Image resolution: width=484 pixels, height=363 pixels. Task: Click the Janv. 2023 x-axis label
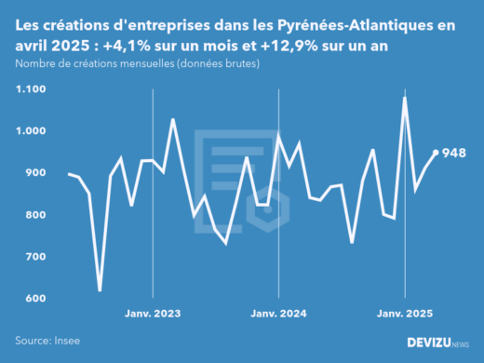(x=154, y=315)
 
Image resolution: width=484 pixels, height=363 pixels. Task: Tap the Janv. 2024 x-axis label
(x=279, y=315)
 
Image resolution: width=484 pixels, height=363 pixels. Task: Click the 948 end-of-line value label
(x=454, y=154)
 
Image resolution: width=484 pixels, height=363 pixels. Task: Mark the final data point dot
(x=436, y=153)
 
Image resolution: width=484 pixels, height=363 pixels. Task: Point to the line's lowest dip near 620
(x=100, y=290)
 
